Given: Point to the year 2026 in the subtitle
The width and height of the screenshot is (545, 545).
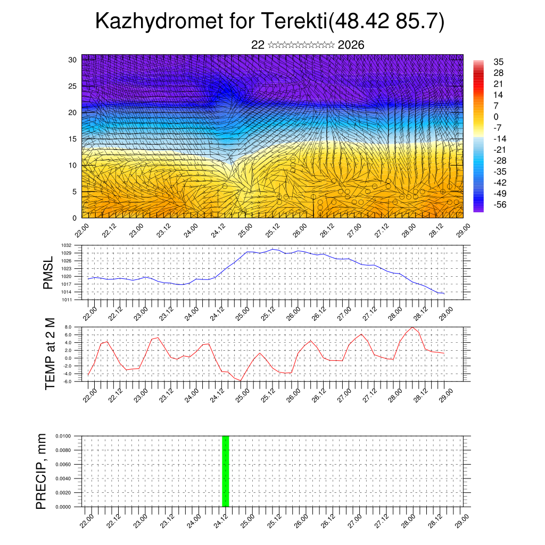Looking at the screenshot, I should tap(351, 45).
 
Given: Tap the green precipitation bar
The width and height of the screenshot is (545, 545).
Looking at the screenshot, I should tap(225, 471).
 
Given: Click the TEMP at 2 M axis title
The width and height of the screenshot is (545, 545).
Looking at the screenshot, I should tap(50, 354).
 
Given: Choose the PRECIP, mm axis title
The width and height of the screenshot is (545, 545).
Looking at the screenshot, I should tap(42, 471).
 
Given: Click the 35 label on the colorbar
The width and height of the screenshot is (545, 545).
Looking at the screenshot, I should tap(499, 62).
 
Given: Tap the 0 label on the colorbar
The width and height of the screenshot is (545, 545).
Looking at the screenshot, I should tap(497, 117).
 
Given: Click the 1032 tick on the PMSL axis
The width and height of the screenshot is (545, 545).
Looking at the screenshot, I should tap(73, 245).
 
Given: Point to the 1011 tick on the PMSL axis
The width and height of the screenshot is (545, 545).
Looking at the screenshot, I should tap(73, 300).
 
